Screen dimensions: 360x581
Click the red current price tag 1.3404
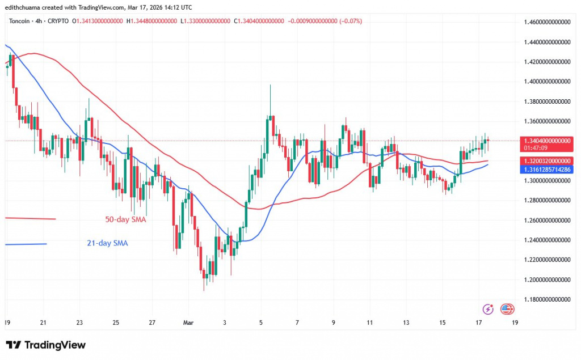(546, 140)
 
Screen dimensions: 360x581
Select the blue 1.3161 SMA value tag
(546, 169)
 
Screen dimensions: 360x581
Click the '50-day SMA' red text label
(125, 219)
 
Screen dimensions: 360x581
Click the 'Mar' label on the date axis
(188, 323)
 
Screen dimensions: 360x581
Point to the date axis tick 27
(152, 323)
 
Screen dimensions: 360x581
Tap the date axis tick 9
(334, 323)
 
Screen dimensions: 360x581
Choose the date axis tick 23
(79, 323)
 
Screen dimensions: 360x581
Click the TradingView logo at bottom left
(45, 345)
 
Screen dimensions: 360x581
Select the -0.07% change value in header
(352, 21)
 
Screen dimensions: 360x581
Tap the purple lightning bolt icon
(488, 309)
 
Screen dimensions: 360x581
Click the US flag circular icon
(507, 309)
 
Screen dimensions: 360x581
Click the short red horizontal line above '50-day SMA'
(31, 218)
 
